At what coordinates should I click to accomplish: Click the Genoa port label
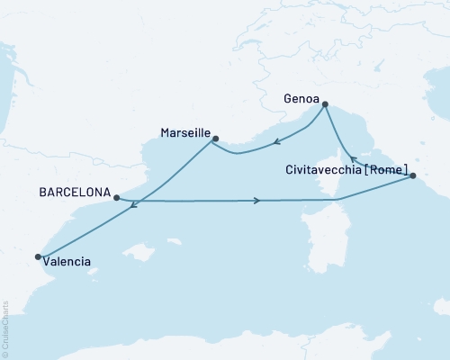[x=301, y=91]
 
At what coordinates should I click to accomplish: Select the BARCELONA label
[x=75, y=193]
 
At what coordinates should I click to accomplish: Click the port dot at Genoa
[x=325, y=104]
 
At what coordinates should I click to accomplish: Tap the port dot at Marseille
[x=214, y=138]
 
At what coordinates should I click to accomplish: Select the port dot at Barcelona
[x=117, y=197]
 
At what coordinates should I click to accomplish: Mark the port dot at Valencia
[x=38, y=257]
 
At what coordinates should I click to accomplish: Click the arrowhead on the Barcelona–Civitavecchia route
[x=257, y=201]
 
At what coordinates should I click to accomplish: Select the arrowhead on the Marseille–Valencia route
[x=134, y=206]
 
